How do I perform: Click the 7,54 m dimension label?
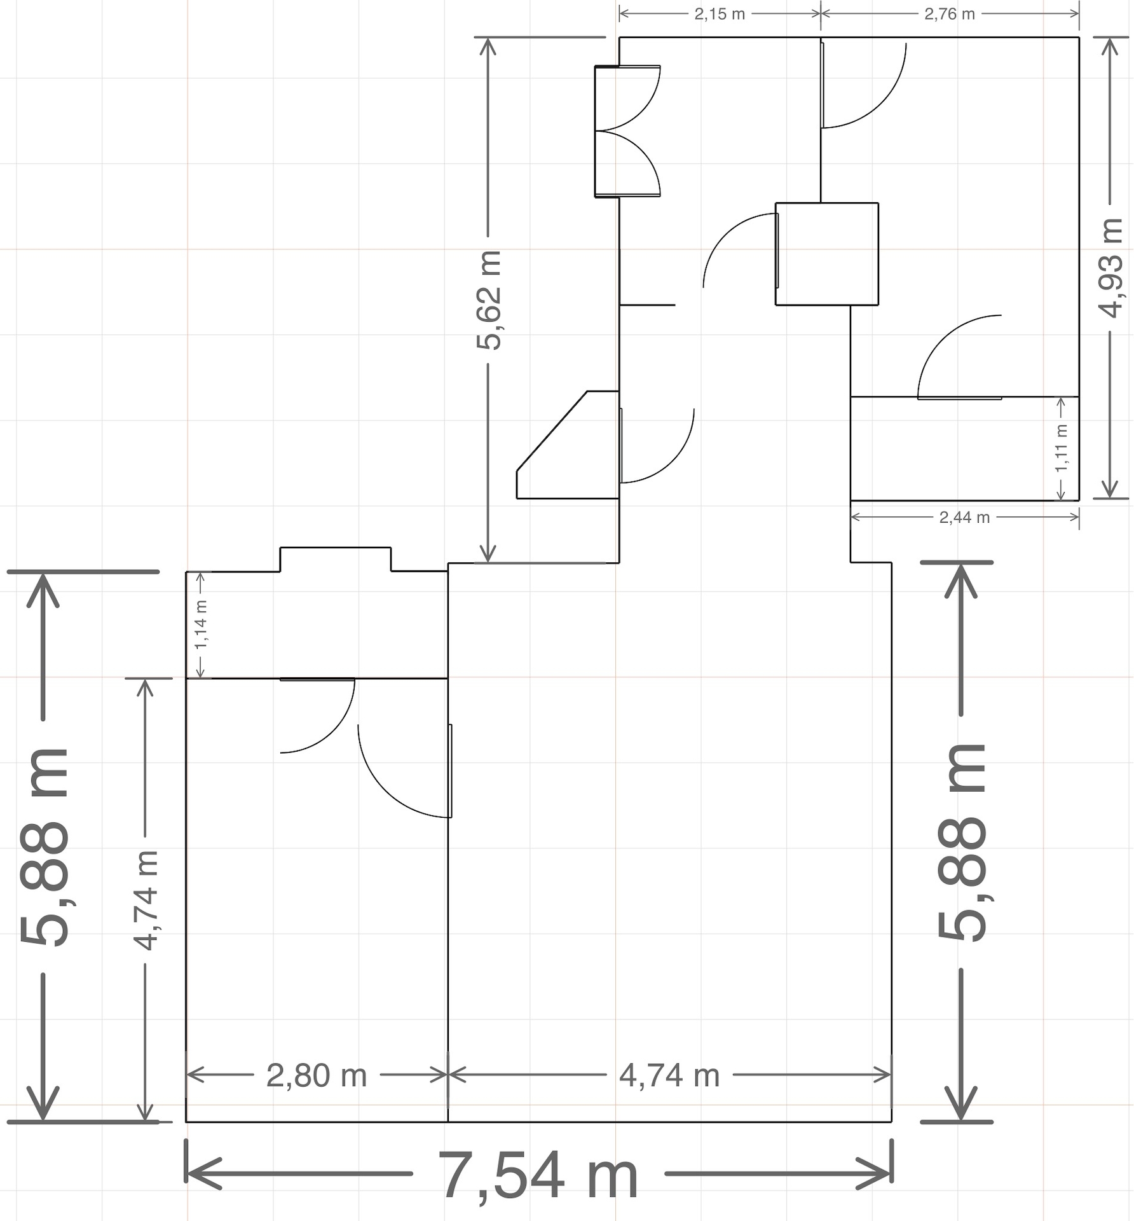pos(538,1175)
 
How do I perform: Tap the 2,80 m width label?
pos(317,1076)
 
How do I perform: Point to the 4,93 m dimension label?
pos(1110,268)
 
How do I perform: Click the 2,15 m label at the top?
pos(720,14)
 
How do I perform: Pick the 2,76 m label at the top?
pos(950,14)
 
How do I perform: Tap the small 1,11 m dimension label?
pos(1061,448)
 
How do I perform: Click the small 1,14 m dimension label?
pos(201,624)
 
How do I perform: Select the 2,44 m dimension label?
pos(964,518)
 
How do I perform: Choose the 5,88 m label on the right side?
pos(961,842)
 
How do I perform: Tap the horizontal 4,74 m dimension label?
pos(669,1076)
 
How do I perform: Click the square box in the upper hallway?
pos(827,254)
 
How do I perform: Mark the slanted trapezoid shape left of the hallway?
pos(568,445)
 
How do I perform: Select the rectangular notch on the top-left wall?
pos(336,559)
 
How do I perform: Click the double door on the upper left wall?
pos(627,131)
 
